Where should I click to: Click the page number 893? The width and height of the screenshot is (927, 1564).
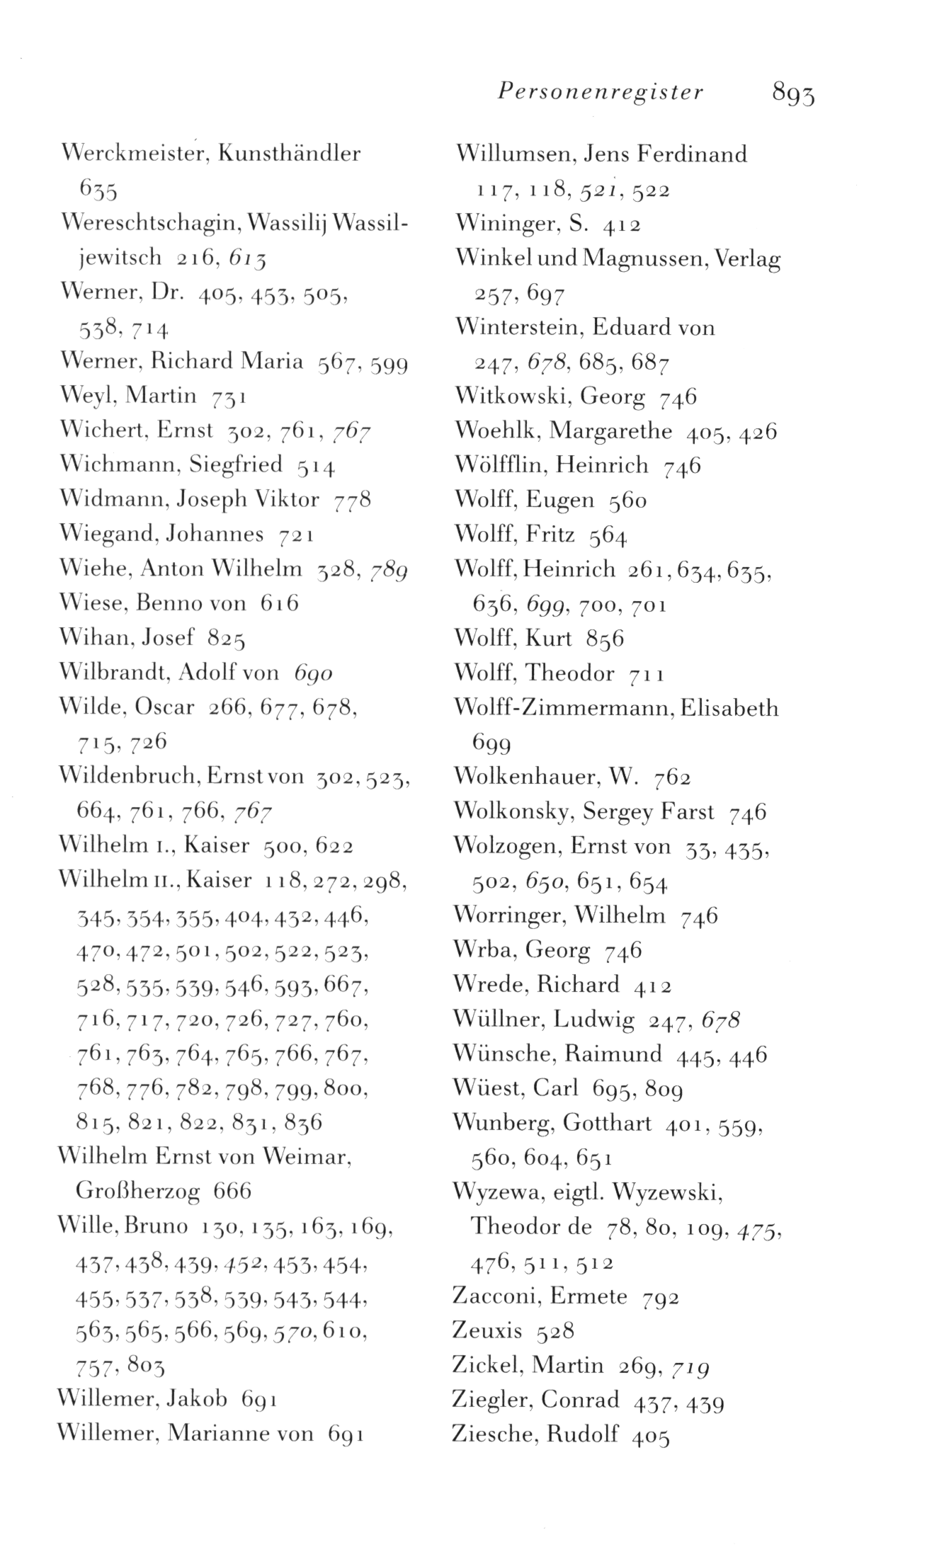coord(793,93)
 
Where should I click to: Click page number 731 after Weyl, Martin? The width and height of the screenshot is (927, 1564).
coord(228,396)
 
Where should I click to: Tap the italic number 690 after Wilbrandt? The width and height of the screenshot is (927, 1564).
coord(313,673)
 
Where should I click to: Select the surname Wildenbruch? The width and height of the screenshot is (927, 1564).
coord(130,777)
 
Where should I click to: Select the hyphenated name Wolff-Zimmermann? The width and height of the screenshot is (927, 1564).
coord(562,708)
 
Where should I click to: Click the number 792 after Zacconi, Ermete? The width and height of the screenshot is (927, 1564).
coord(660,1298)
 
